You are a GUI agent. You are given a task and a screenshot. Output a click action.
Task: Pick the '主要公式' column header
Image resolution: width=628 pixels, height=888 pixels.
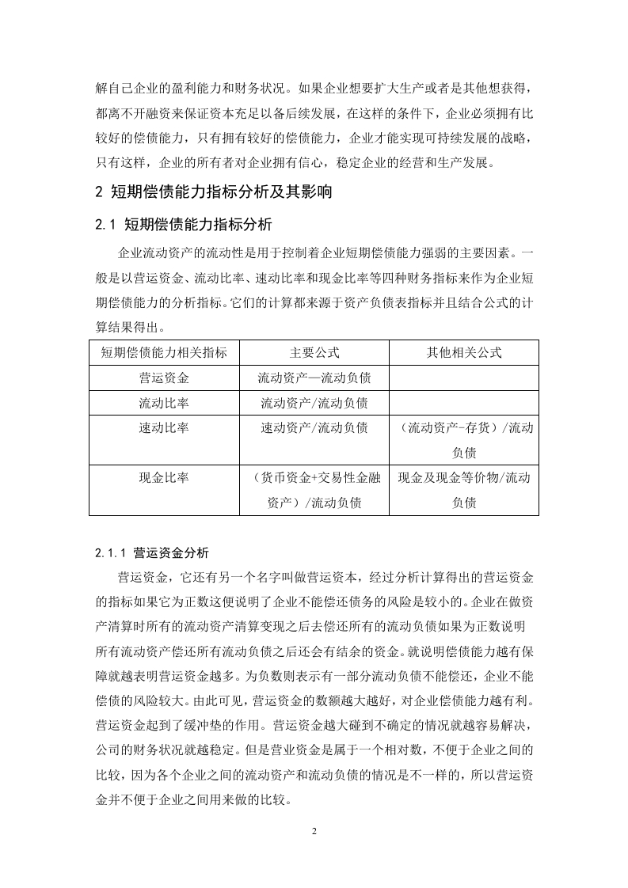coord(314,352)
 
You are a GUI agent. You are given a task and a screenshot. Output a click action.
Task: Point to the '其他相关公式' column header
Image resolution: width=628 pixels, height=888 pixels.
coord(464,352)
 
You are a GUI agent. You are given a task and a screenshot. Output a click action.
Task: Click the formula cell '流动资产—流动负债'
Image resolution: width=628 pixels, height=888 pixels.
coord(314,378)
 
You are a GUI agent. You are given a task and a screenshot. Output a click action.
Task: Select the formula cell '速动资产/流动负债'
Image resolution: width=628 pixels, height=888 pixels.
coord(314,428)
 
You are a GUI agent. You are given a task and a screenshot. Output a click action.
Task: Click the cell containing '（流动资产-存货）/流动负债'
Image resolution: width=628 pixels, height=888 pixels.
coord(464,440)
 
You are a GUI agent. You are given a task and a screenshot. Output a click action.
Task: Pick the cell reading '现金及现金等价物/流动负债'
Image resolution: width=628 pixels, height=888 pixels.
coord(464,489)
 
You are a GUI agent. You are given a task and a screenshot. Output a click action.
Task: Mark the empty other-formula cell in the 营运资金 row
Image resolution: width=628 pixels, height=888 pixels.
coord(464,378)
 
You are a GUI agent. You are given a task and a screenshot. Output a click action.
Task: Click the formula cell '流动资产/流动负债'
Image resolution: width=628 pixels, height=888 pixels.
coord(314,403)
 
